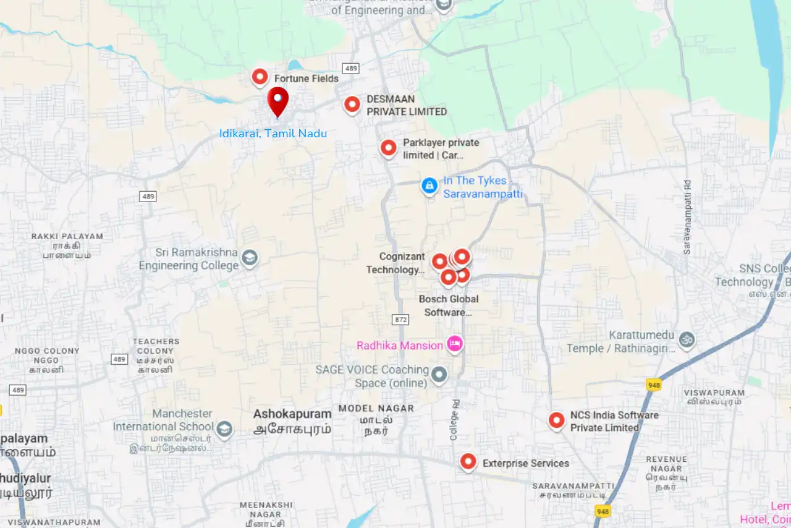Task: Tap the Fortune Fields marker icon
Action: point(260,77)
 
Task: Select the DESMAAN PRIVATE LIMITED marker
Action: point(352,104)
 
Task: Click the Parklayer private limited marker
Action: point(388,148)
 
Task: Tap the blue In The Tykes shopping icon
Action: point(429,185)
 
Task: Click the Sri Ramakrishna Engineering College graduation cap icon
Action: point(250,258)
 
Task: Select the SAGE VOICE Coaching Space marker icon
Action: point(439,374)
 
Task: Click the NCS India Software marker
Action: point(557,420)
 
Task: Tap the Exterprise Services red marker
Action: point(468,462)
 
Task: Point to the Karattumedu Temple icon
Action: point(687,339)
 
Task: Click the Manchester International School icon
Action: point(224,428)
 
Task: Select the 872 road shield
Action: point(400,320)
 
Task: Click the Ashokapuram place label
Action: point(292,414)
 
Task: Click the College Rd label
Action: point(455,419)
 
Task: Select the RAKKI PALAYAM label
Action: point(67,236)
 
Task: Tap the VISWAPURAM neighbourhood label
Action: point(714,393)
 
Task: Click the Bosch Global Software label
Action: point(449,305)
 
